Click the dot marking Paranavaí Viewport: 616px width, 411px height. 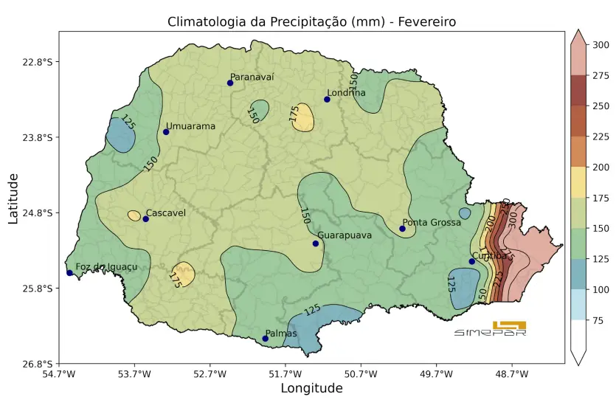pos(230,83)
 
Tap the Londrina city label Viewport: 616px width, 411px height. pos(346,93)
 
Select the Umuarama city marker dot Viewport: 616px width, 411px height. pos(166,132)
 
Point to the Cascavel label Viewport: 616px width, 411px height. pos(165,213)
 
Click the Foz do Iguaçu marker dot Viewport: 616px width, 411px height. pos(70,273)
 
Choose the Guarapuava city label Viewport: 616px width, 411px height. pos(344,235)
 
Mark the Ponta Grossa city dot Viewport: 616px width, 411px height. pos(402,229)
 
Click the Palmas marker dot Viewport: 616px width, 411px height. pos(266,339)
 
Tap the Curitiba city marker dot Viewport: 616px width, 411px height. pos(472,261)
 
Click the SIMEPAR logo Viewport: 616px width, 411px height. pos(490,329)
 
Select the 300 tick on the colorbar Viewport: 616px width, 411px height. pos(601,45)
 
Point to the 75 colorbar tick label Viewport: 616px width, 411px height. pos(598,320)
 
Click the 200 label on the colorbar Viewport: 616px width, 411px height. pos(601,167)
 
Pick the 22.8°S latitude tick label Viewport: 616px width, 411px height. pos(38,62)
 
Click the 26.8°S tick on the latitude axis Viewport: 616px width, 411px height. pos(38,364)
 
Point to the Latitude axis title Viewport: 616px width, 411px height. pos(13,198)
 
